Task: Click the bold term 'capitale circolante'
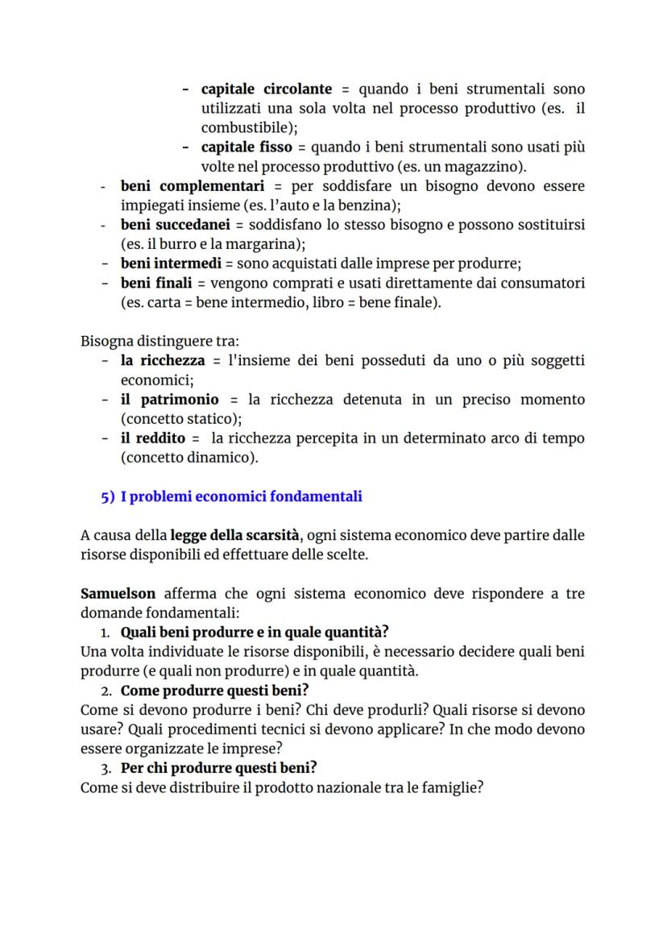tap(266, 89)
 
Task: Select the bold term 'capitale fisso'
tap(246, 147)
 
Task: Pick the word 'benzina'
tap(370, 205)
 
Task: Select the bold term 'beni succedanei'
tap(175, 225)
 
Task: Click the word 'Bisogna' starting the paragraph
tap(106, 341)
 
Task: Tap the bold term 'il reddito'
tap(153, 438)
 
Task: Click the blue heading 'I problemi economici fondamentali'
tap(241, 496)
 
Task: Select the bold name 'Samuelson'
tap(118, 594)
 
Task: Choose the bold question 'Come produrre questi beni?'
tap(215, 691)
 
